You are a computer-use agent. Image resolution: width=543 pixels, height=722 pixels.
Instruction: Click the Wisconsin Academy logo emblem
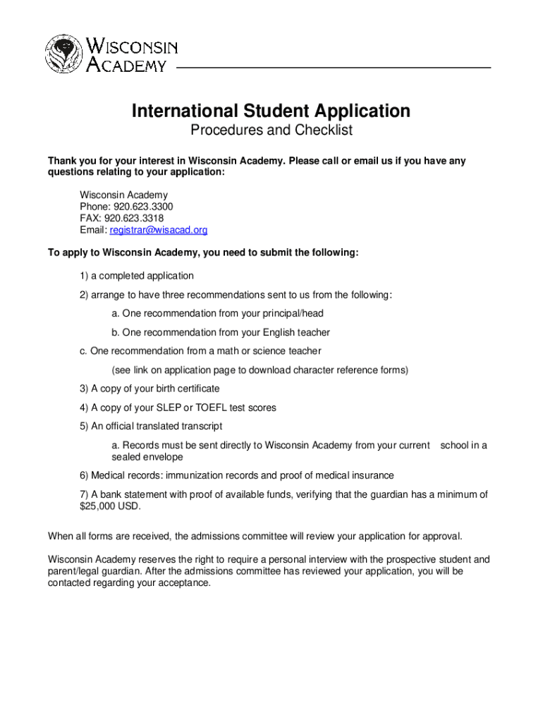pos(65,54)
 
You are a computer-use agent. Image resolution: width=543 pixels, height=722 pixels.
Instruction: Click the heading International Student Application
pos(271,111)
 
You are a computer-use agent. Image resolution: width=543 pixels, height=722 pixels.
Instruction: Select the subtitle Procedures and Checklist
pos(271,130)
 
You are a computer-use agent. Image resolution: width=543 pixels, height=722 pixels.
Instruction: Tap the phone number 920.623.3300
pos(144,207)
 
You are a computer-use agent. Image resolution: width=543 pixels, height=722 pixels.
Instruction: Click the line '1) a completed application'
pos(136,276)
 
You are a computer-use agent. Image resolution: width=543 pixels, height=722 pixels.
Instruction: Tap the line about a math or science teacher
pos(200,351)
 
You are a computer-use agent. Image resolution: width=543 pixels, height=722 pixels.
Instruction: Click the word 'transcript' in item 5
pos(200,426)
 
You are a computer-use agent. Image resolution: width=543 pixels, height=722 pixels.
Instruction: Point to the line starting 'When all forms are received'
pos(255,537)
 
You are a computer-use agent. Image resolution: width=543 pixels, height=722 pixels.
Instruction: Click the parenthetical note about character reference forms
pos(260,369)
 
